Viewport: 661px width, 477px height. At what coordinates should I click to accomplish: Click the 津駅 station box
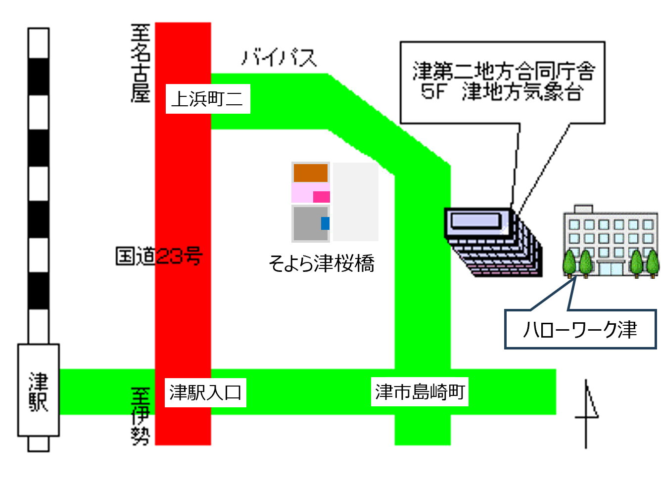coord(39,390)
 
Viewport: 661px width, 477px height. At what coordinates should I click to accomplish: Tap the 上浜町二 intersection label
coord(208,99)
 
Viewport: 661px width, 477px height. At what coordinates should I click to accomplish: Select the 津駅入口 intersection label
coord(205,392)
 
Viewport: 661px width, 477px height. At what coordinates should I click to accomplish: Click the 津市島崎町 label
coord(420,391)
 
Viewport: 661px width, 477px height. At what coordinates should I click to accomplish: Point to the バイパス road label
coord(279,57)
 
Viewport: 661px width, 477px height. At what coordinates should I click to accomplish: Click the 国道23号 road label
coord(159,256)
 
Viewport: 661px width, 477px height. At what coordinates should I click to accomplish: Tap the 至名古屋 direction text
coord(141,63)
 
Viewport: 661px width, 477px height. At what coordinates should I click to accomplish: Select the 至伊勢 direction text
coord(141,416)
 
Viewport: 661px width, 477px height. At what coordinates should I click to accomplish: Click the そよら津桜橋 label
coord(322,263)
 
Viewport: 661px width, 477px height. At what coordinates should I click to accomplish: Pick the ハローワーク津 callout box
coord(580,329)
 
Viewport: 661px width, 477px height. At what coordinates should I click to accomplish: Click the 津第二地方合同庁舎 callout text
coord(504,71)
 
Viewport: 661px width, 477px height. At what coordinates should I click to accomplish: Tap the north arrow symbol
coord(586,414)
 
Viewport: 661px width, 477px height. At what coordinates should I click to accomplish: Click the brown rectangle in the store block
coord(310,173)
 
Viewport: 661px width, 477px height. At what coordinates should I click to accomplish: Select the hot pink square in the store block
coord(322,197)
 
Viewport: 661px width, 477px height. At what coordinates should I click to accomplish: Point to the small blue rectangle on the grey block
coord(325,223)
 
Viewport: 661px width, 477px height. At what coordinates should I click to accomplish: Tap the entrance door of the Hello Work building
coord(611,269)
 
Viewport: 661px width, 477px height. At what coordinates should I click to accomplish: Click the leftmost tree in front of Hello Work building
coord(569,263)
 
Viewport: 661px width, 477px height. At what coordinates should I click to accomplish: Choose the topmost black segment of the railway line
coord(39,76)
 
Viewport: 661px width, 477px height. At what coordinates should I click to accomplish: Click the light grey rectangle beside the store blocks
coord(356,202)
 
